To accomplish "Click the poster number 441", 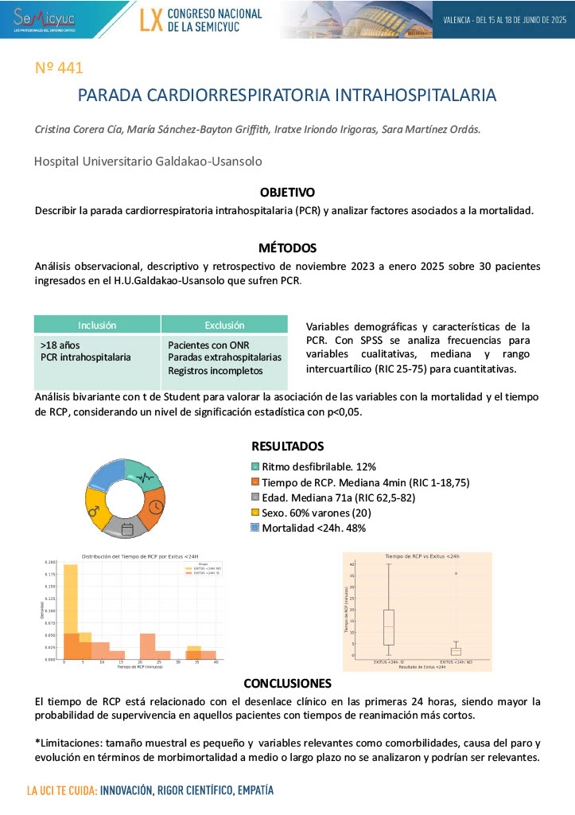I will click(x=60, y=68).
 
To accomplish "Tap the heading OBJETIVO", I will click(x=287, y=193).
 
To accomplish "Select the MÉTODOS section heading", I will click(x=287, y=248).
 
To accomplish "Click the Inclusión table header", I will click(x=97, y=325).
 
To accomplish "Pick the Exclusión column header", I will click(x=224, y=325).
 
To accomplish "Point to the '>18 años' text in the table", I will click(x=60, y=345).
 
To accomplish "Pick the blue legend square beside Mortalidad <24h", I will click(x=255, y=528).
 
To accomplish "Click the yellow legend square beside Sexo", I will click(x=255, y=513).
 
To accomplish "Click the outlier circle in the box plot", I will click(x=456, y=573).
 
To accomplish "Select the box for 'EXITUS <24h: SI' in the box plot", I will click(x=388, y=627).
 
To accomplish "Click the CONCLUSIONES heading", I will click(x=287, y=683).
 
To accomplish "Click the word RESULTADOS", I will click(x=287, y=446).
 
